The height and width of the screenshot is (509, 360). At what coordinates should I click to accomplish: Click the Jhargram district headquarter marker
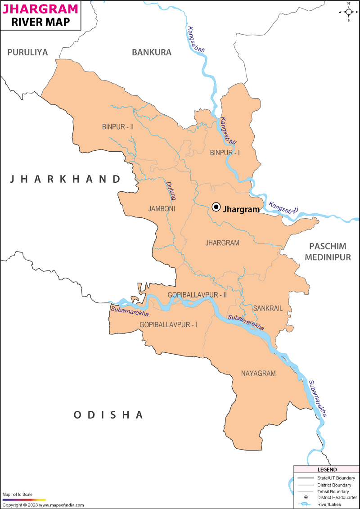pos(216,207)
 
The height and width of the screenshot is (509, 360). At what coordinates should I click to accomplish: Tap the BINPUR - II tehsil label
pos(117,127)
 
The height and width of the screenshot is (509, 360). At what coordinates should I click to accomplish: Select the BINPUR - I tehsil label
pos(225,153)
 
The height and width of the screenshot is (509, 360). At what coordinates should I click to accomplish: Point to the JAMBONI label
pos(162,209)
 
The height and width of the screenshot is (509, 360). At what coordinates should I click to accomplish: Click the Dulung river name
pos(170,190)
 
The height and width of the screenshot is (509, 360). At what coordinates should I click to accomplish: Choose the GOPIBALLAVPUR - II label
pos(197,295)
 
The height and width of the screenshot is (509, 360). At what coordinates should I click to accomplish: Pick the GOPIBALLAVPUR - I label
pos(168,324)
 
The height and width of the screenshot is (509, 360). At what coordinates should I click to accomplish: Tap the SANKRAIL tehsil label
pos(268,308)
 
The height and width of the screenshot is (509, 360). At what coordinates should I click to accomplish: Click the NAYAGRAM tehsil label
pos(258,374)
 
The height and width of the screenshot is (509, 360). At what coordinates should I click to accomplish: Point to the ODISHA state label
pos(108,414)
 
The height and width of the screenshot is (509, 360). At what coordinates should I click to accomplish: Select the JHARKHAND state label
pos(66,179)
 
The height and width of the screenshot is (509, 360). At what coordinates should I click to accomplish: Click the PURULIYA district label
pos(27,52)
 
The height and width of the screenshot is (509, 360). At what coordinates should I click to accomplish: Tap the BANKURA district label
pos(152,52)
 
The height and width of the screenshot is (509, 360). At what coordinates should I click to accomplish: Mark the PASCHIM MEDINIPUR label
pos(328,252)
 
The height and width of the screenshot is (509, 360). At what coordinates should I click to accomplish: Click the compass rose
pos(348,12)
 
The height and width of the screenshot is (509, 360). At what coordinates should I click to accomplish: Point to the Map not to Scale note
pos(18,495)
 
